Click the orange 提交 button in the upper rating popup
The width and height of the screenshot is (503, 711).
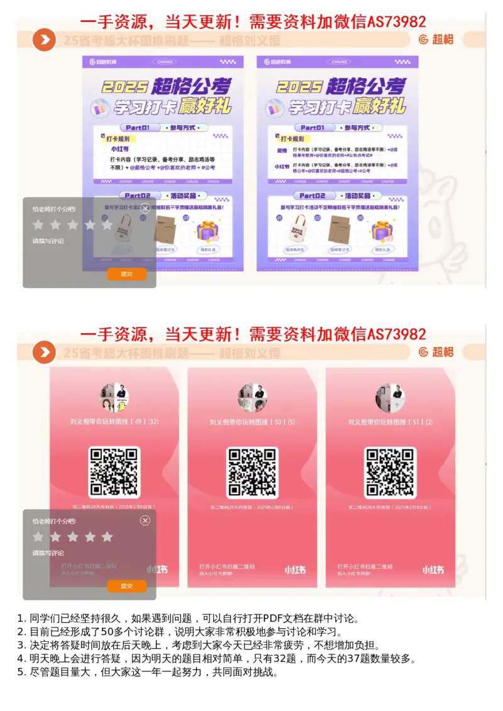point(126,274)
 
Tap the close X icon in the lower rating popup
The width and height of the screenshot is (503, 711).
point(145,521)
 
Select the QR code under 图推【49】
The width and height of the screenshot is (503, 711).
point(114,471)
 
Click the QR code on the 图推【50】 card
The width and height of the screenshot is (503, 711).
point(252,471)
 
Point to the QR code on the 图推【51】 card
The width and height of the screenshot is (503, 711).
point(390,471)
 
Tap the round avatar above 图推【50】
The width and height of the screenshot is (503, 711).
point(252,398)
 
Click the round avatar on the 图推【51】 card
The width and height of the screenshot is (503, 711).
point(390,398)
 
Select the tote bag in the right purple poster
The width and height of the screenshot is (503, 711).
point(296,229)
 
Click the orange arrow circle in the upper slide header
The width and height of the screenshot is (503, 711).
point(44,40)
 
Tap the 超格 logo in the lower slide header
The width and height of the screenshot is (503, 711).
point(436,352)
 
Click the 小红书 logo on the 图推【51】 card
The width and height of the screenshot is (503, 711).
point(433,570)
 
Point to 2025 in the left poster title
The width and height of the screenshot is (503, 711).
point(126,86)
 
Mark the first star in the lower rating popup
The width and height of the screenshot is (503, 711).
point(38,537)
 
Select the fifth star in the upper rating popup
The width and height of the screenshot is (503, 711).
point(107,224)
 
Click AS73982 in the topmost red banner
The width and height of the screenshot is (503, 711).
point(397,22)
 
